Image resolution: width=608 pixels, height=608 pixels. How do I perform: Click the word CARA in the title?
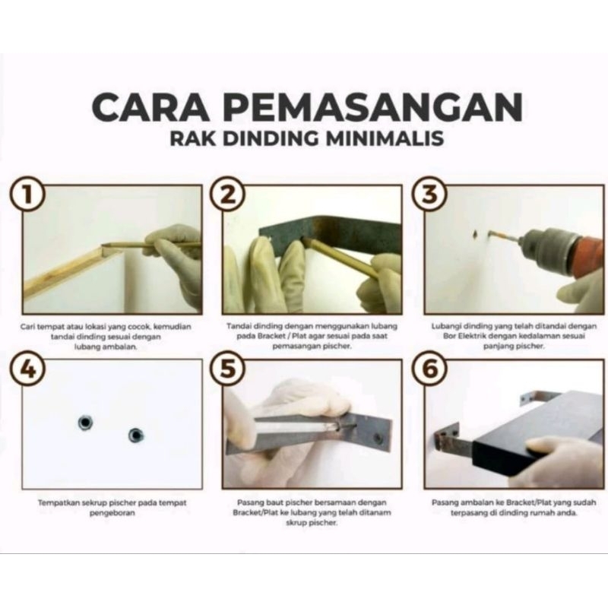point(150,106)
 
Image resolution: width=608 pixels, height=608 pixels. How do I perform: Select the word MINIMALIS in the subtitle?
point(385,138)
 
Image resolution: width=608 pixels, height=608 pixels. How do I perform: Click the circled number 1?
point(27,194)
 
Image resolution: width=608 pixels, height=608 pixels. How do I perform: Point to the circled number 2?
point(228,194)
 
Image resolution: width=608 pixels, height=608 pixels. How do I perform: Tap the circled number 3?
point(429,194)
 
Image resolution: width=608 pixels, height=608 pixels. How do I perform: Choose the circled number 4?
point(27,369)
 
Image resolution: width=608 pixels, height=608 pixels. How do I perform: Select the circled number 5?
point(228,369)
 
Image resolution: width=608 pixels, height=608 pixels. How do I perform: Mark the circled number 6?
point(429,369)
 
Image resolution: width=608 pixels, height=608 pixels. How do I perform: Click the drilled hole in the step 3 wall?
point(474,234)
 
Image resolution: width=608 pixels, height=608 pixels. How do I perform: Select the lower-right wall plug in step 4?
point(135,435)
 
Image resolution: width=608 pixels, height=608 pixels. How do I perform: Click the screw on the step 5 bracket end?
point(376,439)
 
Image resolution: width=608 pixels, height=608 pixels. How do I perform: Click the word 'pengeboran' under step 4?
point(112,513)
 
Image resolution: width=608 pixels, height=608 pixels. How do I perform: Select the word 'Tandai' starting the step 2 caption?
point(238,326)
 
